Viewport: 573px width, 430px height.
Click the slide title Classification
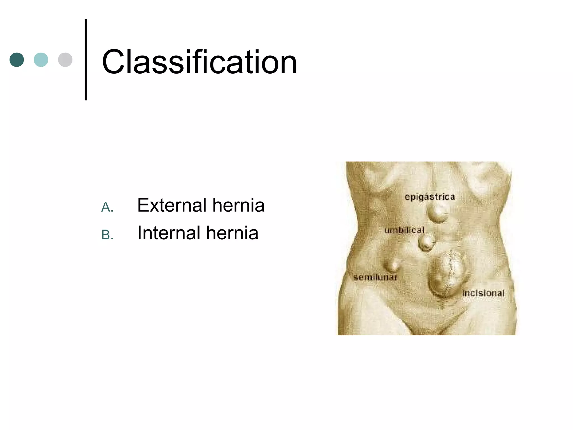tap(199, 62)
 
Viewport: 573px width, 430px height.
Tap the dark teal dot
tap(17, 60)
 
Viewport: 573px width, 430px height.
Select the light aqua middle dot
tap(41, 60)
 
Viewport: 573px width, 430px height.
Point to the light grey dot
tap(65, 60)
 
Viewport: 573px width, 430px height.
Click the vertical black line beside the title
tap(86, 59)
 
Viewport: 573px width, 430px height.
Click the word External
tap(172, 205)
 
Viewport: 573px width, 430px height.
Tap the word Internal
tap(169, 233)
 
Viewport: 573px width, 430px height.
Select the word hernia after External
tap(238, 205)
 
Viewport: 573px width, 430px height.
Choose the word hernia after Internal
tap(232, 233)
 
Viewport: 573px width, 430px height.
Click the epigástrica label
tap(430, 197)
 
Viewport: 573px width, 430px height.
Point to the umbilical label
tap(404, 230)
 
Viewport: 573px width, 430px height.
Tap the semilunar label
tap(375, 277)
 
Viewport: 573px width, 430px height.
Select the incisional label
tap(483, 293)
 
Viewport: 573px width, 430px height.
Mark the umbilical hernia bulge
tap(427, 242)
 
